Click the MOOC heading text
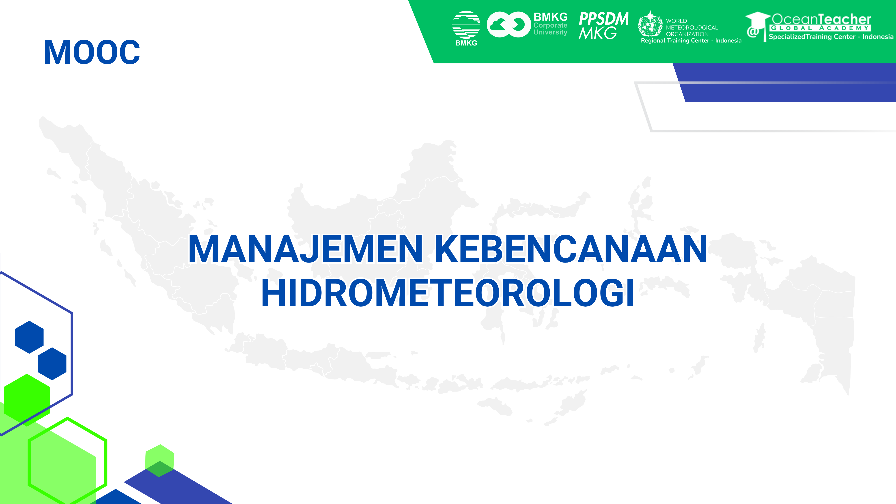pyautogui.click(x=92, y=52)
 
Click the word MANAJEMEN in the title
pyautogui.click(x=305, y=249)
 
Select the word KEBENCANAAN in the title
pyautogui.click(x=571, y=249)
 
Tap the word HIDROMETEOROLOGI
pyautogui.click(x=448, y=293)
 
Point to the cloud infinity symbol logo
pyautogui.click(x=508, y=24)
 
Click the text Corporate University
pyautogui.click(x=550, y=29)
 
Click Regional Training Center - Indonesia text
pyautogui.click(x=691, y=41)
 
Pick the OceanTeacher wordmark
pyautogui.click(x=821, y=19)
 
